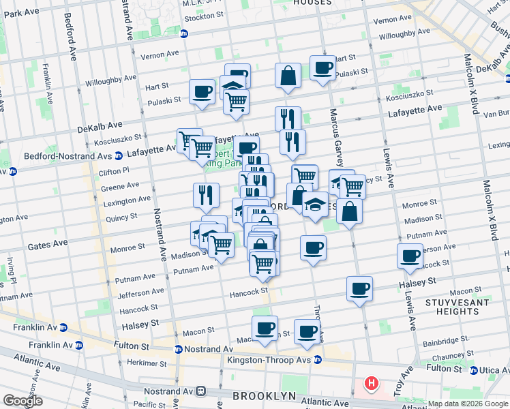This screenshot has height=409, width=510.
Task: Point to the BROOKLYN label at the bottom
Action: (x=265, y=396)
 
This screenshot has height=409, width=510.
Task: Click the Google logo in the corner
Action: (x=22, y=401)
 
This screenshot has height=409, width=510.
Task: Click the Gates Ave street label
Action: (x=47, y=243)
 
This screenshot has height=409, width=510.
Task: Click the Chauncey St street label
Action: (x=448, y=356)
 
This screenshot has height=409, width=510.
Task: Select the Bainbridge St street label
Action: (x=447, y=338)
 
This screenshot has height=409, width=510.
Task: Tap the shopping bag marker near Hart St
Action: (x=288, y=75)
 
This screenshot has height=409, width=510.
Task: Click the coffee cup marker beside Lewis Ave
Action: (x=410, y=256)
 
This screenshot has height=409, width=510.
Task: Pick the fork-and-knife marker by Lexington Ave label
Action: (x=205, y=196)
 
